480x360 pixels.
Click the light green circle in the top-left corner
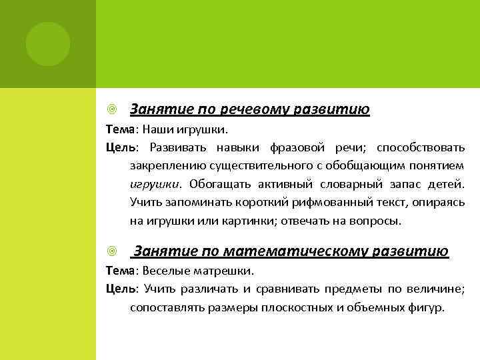(x=47, y=44)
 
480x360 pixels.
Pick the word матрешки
(x=228, y=271)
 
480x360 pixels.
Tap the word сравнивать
(x=285, y=289)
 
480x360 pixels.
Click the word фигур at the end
(x=426, y=308)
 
